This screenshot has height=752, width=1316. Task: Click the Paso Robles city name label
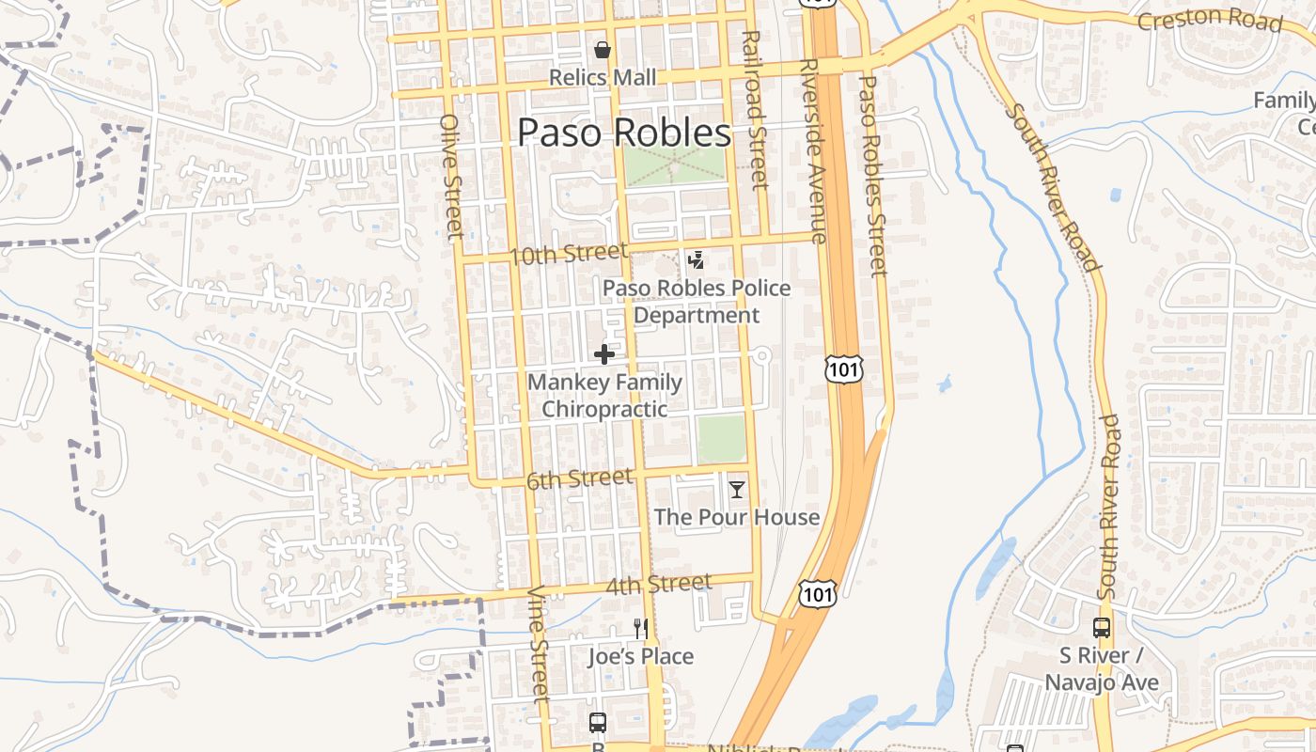click(624, 133)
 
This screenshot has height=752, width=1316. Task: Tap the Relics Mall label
click(603, 77)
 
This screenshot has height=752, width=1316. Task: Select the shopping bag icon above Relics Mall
click(603, 49)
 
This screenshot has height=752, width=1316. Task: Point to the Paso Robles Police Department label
click(697, 302)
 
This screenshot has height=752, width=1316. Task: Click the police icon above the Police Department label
click(697, 260)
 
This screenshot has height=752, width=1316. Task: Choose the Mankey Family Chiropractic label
click(604, 396)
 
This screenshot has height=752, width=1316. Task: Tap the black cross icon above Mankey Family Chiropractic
click(604, 354)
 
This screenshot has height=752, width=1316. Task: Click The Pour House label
click(737, 517)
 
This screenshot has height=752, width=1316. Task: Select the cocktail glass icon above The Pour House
click(737, 489)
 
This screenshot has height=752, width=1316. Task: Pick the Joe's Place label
click(641, 656)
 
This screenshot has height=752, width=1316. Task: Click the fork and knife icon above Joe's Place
click(641, 628)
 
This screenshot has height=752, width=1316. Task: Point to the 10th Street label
click(568, 254)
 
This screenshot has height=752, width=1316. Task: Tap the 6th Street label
click(579, 479)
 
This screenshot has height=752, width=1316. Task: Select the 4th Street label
click(658, 585)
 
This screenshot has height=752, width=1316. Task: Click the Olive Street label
click(451, 176)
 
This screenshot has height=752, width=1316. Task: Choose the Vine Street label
click(539, 644)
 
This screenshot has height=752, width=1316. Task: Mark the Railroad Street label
click(754, 109)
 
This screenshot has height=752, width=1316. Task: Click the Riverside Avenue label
click(811, 150)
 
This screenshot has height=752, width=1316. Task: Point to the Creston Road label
click(1209, 19)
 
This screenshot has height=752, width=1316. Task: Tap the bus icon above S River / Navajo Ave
click(1102, 628)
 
